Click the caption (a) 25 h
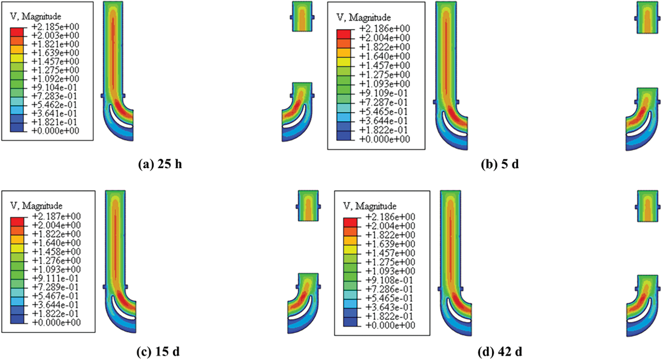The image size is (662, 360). (160, 164)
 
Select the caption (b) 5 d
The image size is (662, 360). (500, 164)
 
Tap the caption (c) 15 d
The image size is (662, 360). (158, 352)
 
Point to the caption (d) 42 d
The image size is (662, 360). (500, 352)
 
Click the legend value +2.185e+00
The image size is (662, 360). (55, 27)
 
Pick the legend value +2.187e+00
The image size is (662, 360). (57, 216)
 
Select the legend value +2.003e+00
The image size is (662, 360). (55, 35)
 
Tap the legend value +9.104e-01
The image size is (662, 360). (54, 87)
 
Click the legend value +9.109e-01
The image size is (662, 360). (383, 93)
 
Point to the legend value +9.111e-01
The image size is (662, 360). (56, 278)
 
